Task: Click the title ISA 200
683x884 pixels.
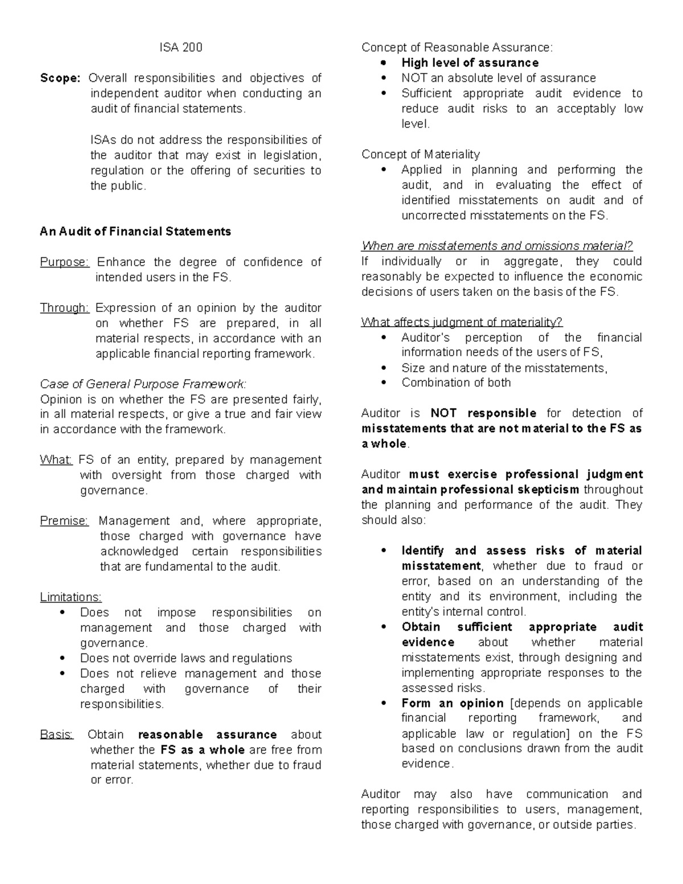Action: point(180,48)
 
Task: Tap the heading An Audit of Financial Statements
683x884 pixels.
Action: point(135,231)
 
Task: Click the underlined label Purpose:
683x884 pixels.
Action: point(64,262)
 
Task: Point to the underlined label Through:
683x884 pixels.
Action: point(64,308)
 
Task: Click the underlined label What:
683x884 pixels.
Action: point(56,460)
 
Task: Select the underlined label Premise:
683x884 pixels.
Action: point(64,521)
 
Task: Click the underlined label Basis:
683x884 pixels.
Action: point(57,734)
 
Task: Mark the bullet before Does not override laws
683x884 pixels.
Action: point(63,659)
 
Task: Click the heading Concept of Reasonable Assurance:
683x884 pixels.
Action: point(456,48)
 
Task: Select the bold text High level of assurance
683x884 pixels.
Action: point(470,63)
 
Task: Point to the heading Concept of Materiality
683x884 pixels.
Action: point(421,154)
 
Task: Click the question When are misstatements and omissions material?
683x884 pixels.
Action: point(497,246)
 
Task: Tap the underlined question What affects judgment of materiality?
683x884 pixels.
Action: point(462,323)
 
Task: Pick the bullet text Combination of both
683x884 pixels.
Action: point(456,383)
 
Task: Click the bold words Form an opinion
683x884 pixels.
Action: point(452,703)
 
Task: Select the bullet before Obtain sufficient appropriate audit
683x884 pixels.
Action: point(385,627)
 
